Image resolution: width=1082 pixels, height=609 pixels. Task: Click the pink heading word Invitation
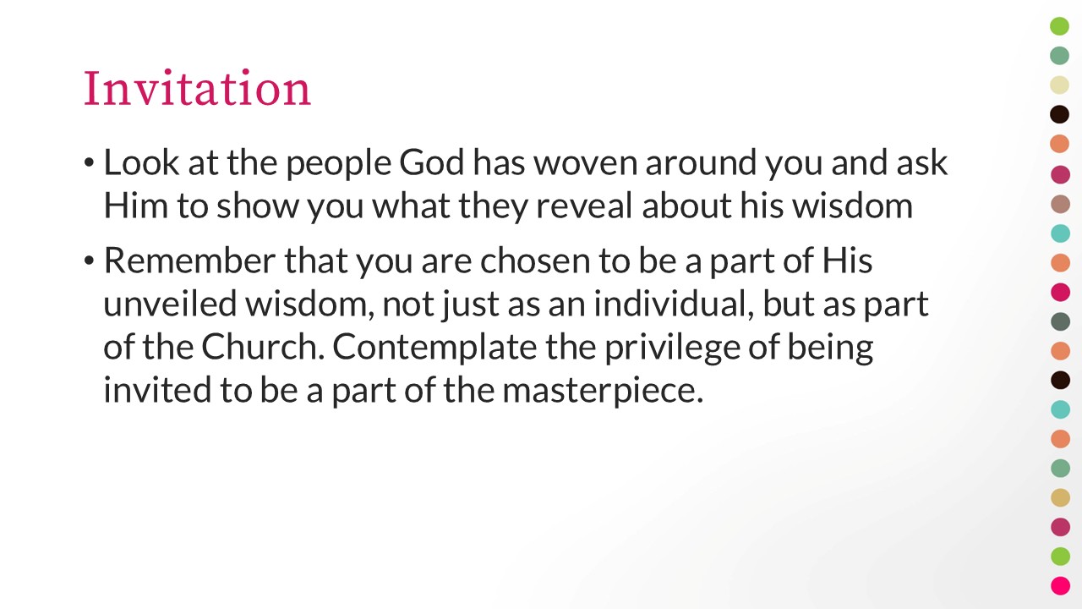coord(197,88)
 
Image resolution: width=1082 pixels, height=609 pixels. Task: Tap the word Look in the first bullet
coord(141,162)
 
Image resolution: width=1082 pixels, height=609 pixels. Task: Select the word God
coord(432,162)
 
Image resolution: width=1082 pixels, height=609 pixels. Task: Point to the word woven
coord(586,163)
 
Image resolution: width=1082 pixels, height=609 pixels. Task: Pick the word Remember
coord(190,261)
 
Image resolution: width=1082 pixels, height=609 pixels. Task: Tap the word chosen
coord(535,261)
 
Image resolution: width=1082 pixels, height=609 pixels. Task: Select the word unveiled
coord(170,304)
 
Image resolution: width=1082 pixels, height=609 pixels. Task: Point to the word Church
coord(263,347)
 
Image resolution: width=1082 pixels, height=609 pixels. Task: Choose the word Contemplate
coord(434,348)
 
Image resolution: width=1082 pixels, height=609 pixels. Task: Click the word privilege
coord(672,348)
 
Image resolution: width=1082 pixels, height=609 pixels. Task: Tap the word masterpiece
coord(603,391)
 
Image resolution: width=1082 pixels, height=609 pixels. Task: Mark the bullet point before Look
coord(89,163)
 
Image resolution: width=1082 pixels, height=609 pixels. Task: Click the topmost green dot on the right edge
coord(1059,26)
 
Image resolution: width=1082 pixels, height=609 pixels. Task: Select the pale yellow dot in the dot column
coord(1059,85)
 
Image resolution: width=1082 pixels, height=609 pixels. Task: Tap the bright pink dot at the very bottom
coord(1060,586)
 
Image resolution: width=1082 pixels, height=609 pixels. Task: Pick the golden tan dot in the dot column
coord(1060,497)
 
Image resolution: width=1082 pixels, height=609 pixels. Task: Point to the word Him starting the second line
coord(136,206)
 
